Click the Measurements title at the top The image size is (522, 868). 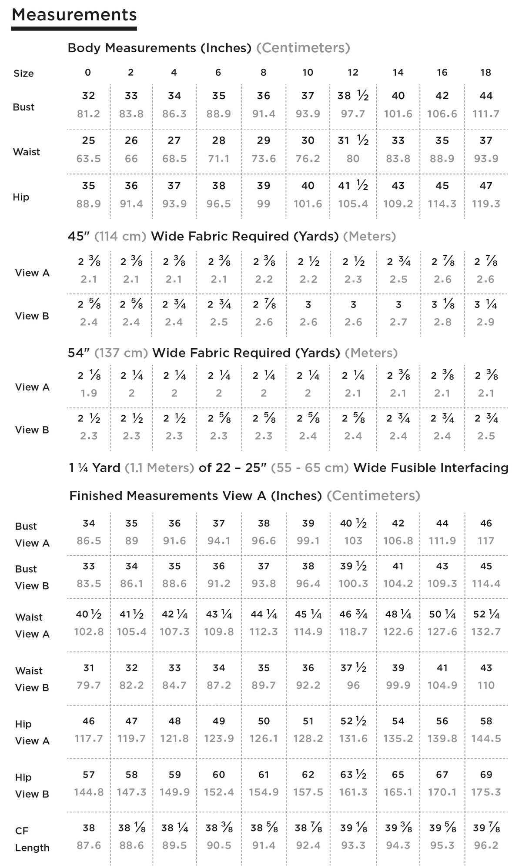pos(74,15)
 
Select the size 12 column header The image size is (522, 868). pos(353,73)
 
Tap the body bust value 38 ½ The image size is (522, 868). pos(353,96)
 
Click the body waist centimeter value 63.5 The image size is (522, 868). pos(88,159)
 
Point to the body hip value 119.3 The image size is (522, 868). pos(486,204)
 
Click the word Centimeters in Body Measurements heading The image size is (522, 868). pos(303,48)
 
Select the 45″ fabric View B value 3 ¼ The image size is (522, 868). pos(486,305)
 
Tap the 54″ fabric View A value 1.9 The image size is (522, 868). pos(88,394)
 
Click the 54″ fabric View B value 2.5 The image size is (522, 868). pos(486,436)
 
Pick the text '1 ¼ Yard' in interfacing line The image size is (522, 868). pos(94,468)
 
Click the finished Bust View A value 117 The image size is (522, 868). pos(486,541)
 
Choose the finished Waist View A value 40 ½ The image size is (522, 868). pos(88,614)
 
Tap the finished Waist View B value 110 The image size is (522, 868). pos(486,686)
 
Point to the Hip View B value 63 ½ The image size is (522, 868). pos(353,775)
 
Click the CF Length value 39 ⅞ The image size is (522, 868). pos(486,828)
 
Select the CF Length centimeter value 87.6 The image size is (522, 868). pos(88,846)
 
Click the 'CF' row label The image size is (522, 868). pos(22,831)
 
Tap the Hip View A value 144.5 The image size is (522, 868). pos(486,739)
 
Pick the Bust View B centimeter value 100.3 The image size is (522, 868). pos(353,584)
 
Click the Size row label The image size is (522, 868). pos(23,73)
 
